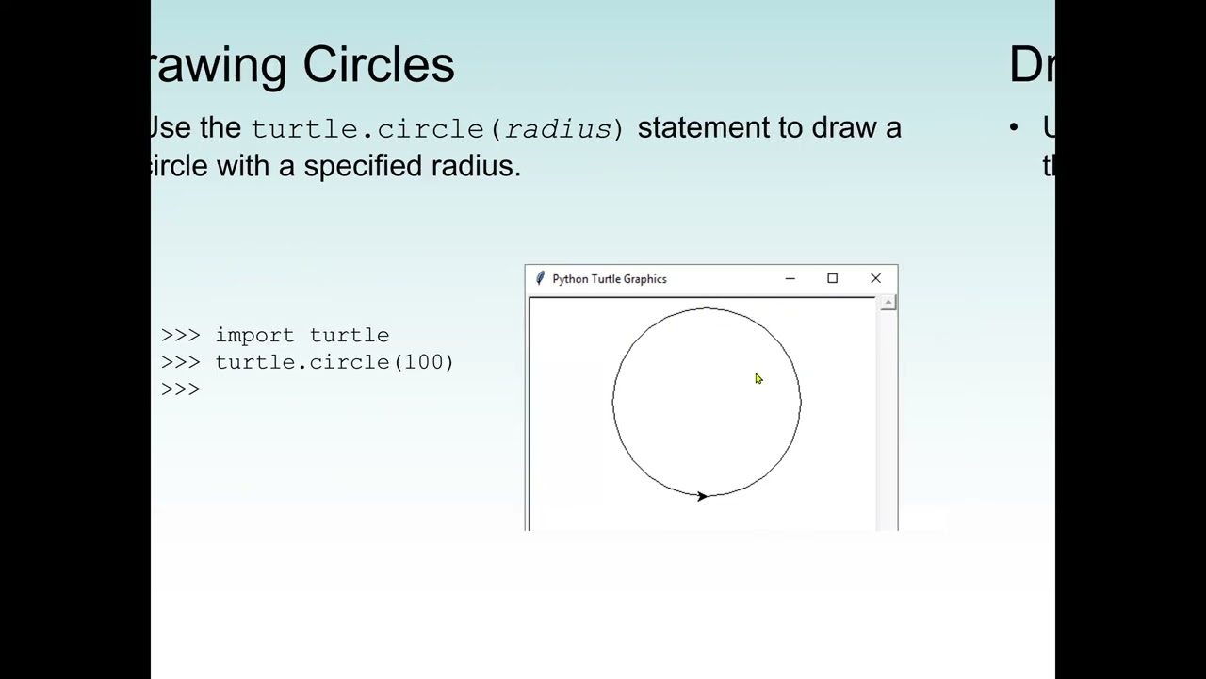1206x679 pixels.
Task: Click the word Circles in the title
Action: [379, 65]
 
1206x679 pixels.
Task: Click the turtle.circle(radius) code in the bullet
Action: [437, 129]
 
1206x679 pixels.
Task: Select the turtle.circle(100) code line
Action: [334, 362]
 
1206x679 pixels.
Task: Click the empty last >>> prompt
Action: [181, 389]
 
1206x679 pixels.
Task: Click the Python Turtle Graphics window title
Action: [609, 279]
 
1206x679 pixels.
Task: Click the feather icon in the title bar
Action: [540, 278]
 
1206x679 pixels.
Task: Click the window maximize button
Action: [832, 278]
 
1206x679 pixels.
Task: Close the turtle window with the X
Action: [875, 278]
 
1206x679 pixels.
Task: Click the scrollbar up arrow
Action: [888, 303]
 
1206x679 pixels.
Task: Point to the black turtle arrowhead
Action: [702, 496]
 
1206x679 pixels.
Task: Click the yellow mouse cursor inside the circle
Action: [758, 379]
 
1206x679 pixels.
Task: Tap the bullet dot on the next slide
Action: [1014, 127]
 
